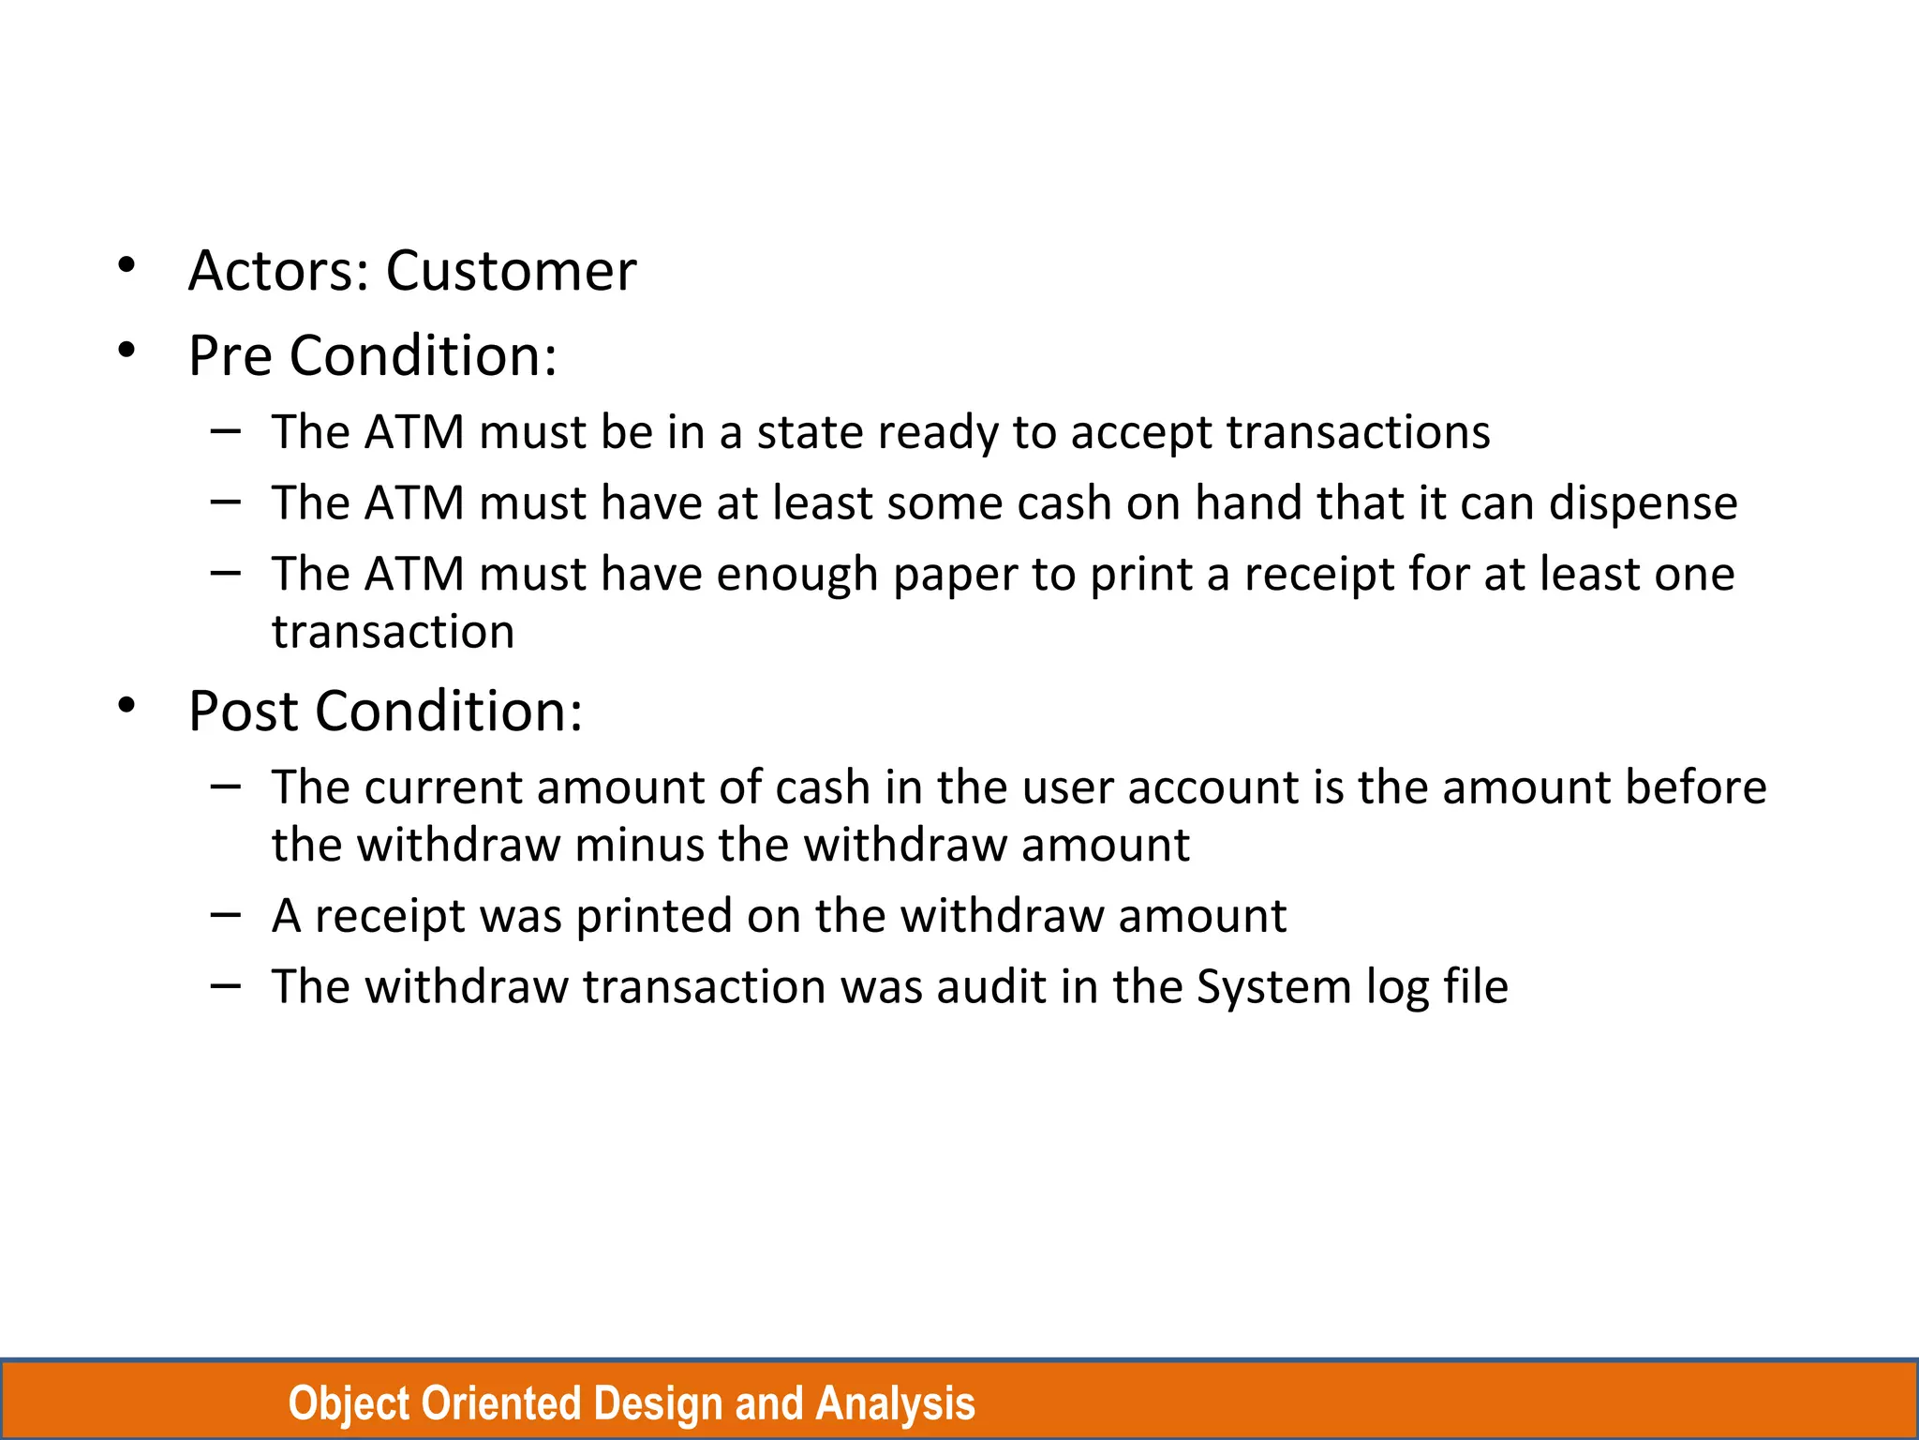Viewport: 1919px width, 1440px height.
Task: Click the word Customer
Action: tap(511, 271)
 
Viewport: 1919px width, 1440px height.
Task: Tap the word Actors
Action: tap(278, 271)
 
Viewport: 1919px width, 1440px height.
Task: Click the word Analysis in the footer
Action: tap(895, 1403)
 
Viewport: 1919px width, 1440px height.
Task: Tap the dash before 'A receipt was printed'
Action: tap(226, 913)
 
